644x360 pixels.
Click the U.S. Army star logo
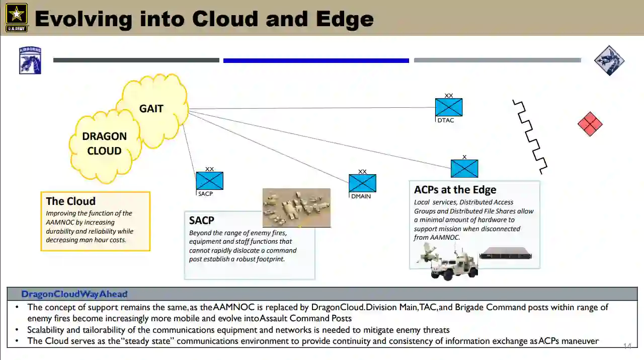click(16, 17)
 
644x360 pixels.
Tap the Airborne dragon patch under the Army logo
click(30, 60)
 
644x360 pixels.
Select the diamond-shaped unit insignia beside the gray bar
click(609, 60)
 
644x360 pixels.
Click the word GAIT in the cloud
click(151, 108)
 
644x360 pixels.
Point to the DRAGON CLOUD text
click(104, 143)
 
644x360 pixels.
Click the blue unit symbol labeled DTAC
click(448, 107)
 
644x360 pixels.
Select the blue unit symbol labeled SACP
click(209, 181)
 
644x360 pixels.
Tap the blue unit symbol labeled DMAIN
click(362, 183)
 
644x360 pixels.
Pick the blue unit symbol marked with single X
click(464, 169)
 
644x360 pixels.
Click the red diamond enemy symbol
click(590, 124)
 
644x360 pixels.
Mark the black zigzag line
click(530, 136)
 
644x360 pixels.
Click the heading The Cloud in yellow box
click(70, 201)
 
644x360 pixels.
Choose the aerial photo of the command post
click(296, 207)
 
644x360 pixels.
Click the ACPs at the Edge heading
click(455, 190)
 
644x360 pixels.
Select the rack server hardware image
click(505, 253)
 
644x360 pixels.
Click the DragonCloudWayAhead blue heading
click(74, 294)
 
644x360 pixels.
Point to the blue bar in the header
click(316, 60)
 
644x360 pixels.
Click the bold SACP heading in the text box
click(201, 220)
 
